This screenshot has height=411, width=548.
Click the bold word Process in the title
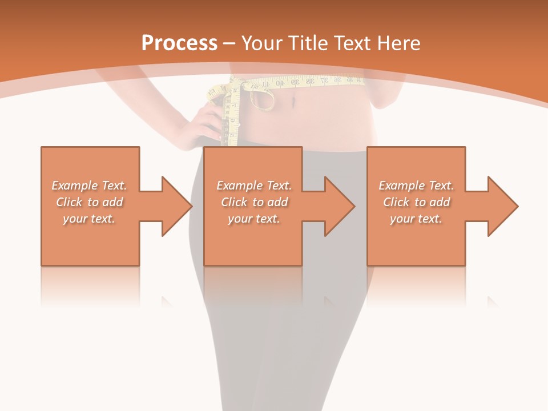179,43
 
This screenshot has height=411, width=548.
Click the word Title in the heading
307,43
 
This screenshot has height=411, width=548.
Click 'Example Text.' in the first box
89,186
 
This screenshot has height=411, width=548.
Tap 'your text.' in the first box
89,219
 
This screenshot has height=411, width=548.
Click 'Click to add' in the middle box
254,202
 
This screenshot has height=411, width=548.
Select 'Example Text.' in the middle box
254,186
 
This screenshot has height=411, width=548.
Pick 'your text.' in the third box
416,219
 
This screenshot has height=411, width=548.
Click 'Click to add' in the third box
416,202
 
